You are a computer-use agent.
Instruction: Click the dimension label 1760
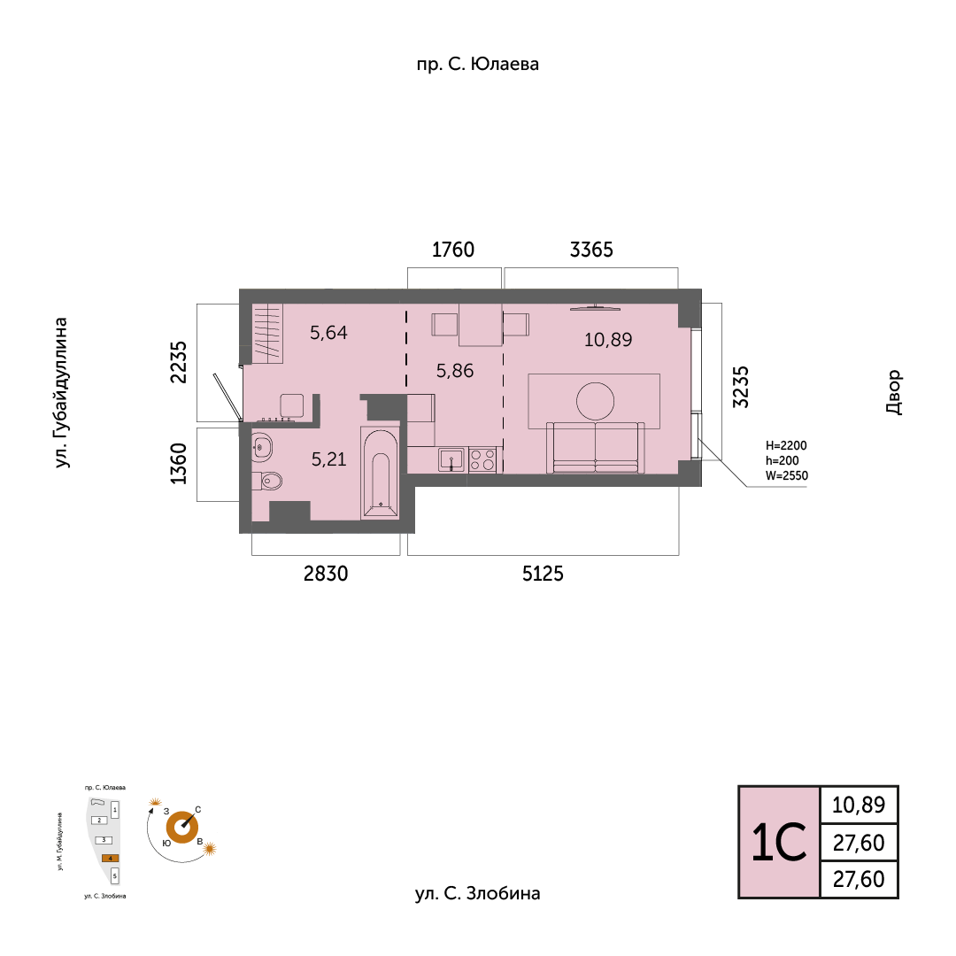pos(453,250)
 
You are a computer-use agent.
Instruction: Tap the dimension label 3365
pos(591,250)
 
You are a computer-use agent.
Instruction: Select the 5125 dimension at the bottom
pos(543,574)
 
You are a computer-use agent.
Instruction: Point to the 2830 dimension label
pos(326,574)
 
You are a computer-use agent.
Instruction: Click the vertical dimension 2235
pos(179,362)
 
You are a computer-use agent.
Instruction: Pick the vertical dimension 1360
pos(179,464)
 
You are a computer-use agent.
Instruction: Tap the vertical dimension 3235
pos(739,387)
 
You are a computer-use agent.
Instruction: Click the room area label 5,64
pos(328,332)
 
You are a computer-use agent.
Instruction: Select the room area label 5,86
pos(455,371)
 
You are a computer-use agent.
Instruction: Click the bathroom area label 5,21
pos(328,459)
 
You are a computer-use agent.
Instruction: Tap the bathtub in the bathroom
pos(380,473)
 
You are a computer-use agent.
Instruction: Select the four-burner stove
pos(482,459)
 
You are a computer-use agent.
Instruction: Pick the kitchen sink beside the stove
pos(451,459)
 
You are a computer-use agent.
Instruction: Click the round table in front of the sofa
pos(595,401)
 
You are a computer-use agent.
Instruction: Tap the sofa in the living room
pos(595,448)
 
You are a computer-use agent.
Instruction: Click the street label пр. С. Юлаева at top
pos(477,64)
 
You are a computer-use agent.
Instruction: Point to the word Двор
pos(893,392)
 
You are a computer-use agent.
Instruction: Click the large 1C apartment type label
pos(779,843)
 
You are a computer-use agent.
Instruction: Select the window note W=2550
pos(787,475)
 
